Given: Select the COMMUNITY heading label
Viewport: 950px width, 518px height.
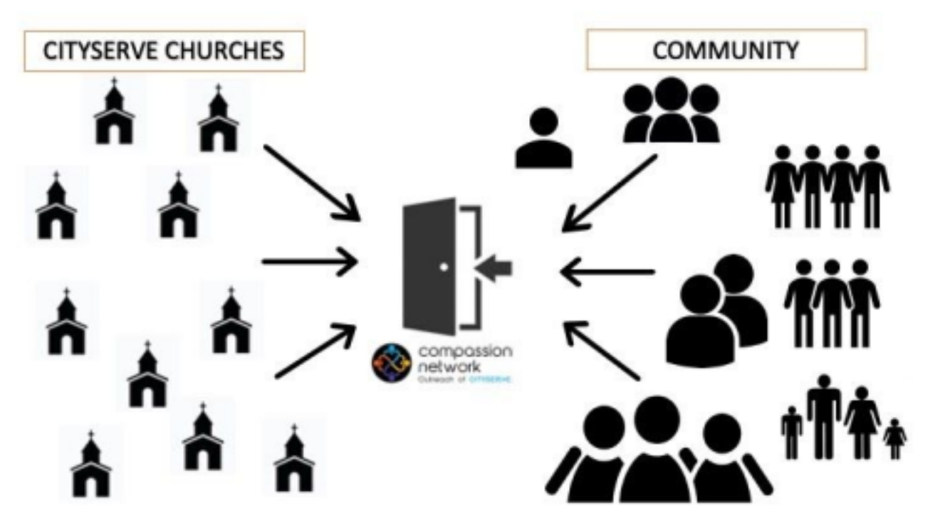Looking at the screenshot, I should [726, 50].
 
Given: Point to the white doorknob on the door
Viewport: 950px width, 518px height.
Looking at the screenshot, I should [444, 268].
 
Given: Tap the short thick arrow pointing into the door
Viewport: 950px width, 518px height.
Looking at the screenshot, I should [496, 268].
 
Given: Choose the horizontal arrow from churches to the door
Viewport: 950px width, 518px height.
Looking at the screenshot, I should [309, 261].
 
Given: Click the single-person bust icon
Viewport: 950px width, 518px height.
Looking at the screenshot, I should [543, 139].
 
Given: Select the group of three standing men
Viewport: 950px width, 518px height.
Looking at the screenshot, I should [831, 302].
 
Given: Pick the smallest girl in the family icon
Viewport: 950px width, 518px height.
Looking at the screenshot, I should [894, 438].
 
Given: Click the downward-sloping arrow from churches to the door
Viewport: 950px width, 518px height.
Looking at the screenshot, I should [310, 181].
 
